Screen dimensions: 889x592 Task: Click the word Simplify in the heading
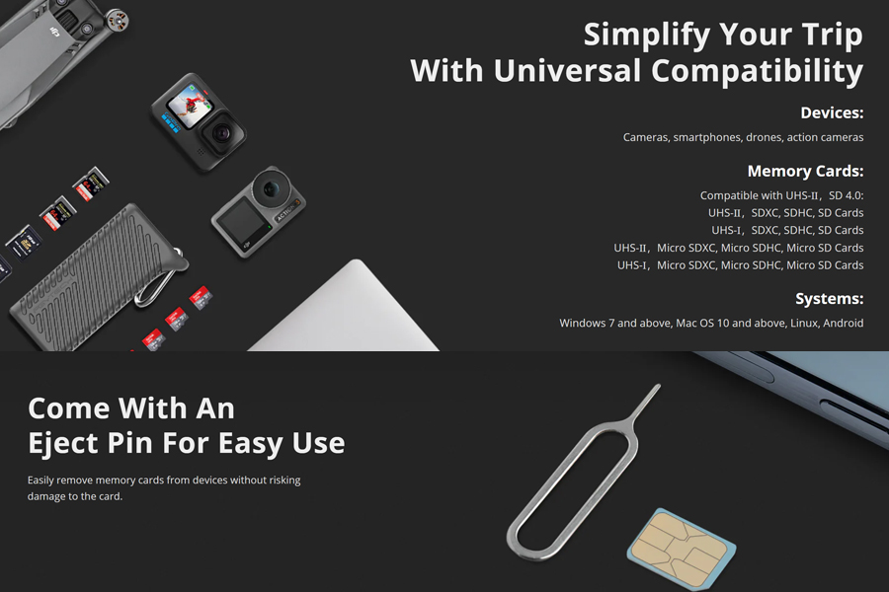click(x=646, y=36)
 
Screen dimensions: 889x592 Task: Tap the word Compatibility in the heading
click(x=757, y=71)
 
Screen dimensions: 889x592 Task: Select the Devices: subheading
click(x=832, y=112)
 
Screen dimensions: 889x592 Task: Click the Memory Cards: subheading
click(x=805, y=171)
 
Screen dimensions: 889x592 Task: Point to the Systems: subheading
click(x=829, y=299)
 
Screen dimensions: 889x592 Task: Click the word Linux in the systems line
click(x=792, y=323)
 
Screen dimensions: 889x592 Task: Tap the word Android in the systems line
click(x=844, y=323)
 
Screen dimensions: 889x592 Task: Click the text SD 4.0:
click(x=846, y=195)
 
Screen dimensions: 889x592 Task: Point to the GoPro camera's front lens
click(x=221, y=134)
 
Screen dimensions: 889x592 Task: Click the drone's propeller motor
click(x=117, y=20)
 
